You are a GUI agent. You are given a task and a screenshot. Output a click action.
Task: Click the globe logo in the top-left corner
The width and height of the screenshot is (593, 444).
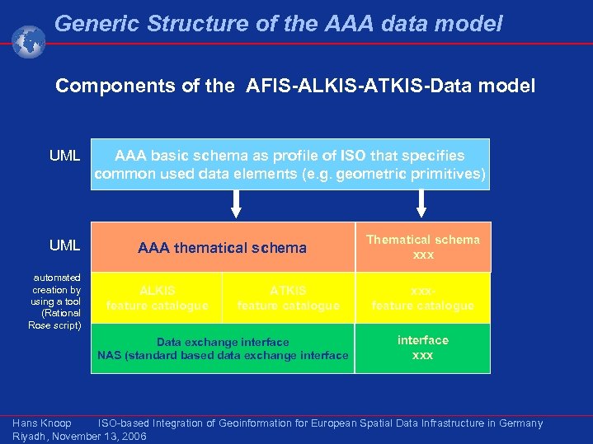(x=28, y=41)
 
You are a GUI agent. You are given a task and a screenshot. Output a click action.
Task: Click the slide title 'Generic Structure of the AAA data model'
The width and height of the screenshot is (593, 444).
(x=278, y=24)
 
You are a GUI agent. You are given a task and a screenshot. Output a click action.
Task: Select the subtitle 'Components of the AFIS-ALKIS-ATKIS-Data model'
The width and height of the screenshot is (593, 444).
(x=294, y=86)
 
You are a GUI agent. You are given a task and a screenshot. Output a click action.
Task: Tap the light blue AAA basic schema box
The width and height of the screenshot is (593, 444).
(x=289, y=165)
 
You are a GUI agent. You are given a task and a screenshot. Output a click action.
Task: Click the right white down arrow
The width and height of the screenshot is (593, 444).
(x=422, y=203)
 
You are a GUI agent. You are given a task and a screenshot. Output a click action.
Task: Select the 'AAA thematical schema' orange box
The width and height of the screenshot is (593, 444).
(x=222, y=248)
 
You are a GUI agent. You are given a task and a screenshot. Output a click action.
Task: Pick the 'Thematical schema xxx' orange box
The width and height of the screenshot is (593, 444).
(x=422, y=247)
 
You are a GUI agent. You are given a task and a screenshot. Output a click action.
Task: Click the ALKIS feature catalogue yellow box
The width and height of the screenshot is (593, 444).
(x=157, y=298)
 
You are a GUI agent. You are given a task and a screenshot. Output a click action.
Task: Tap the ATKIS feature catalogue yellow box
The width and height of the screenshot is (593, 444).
(x=288, y=298)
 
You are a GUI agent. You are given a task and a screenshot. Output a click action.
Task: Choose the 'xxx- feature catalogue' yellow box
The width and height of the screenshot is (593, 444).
(x=422, y=298)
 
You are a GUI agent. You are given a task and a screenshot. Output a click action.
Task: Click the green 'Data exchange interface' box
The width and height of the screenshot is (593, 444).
(x=223, y=348)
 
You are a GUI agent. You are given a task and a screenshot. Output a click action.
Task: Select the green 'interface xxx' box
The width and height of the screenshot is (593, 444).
(x=422, y=348)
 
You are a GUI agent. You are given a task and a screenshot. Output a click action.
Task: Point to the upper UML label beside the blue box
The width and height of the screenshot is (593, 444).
(x=64, y=156)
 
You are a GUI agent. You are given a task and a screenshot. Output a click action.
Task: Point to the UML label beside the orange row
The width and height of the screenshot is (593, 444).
(x=64, y=245)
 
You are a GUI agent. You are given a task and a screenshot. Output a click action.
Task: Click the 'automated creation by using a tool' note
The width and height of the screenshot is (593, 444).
(x=55, y=301)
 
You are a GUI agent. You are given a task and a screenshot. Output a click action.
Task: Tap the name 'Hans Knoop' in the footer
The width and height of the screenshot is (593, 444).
(x=41, y=423)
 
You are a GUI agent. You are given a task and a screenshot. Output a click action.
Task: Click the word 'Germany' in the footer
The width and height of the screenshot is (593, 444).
(x=518, y=423)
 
